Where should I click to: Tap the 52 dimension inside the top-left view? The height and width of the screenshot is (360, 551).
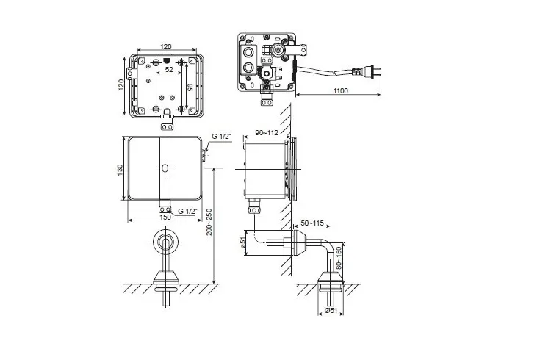point(170,70)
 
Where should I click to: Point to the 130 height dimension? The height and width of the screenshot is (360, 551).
point(120,169)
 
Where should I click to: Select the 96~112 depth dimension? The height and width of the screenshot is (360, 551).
point(266,134)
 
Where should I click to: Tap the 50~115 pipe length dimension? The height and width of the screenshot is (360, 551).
point(311,222)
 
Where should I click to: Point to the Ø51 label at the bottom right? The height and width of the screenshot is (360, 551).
point(331,311)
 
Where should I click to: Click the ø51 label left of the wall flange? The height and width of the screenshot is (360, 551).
point(242,242)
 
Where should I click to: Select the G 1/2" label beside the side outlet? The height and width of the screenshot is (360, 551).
point(221,137)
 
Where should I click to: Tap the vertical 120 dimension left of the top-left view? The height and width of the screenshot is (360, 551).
point(121,85)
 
